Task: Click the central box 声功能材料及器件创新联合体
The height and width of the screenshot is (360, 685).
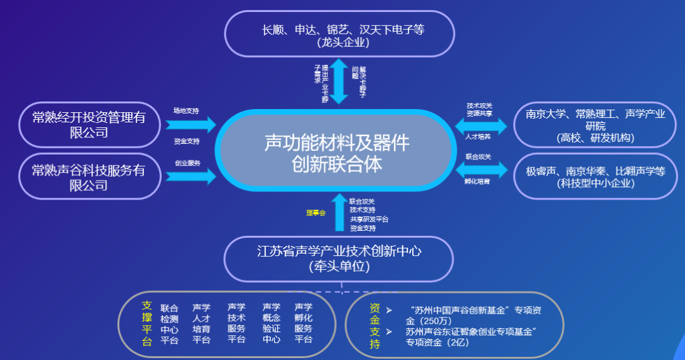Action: [336, 153]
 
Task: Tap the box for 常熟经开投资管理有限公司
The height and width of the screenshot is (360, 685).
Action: [89, 125]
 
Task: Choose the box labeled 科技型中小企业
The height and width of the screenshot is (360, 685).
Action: [595, 177]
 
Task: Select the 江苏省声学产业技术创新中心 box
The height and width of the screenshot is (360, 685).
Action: [339, 259]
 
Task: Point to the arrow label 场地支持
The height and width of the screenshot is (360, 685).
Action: [186, 110]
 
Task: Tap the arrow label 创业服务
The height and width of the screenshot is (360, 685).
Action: [187, 163]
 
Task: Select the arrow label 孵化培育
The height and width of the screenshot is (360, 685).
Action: [477, 181]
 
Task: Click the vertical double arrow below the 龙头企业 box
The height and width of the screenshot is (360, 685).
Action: [339, 80]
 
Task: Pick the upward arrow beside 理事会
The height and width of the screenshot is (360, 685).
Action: [339, 212]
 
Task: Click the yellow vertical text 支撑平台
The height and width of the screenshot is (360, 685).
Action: [147, 323]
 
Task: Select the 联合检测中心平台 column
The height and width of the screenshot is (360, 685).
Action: [169, 324]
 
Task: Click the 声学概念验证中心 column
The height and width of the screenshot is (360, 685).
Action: [271, 324]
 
